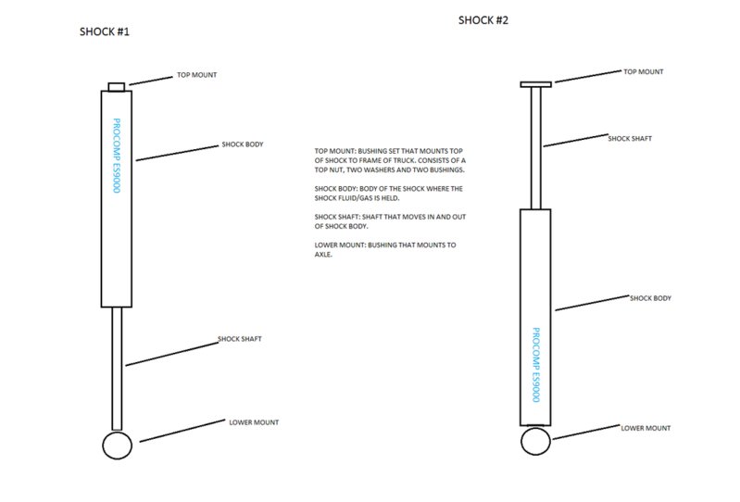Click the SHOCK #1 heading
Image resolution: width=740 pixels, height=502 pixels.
[104, 33]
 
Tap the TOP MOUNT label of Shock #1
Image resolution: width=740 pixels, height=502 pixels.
[196, 75]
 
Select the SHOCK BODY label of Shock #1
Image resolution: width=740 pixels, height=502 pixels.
[243, 145]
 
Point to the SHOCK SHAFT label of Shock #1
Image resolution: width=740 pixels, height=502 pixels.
[240, 339]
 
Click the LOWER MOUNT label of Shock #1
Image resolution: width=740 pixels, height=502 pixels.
[254, 422]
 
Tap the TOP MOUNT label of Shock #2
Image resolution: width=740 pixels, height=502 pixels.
[644, 71]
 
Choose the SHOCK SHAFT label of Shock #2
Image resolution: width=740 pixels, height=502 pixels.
[630, 138]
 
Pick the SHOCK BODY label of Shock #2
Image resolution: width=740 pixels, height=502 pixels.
[650, 298]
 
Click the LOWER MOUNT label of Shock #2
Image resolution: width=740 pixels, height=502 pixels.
[646, 428]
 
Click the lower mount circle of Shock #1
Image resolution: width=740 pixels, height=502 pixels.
[118, 445]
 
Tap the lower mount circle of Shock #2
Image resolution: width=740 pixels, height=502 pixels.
[536, 441]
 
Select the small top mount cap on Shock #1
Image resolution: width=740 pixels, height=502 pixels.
[117, 86]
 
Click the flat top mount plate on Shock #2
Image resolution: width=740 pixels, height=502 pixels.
[535, 84]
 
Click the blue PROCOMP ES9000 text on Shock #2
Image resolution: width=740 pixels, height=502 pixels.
[535, 365]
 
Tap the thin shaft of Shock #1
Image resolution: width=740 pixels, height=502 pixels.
[117, 368]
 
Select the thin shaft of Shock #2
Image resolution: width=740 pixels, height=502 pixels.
[535, 148]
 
